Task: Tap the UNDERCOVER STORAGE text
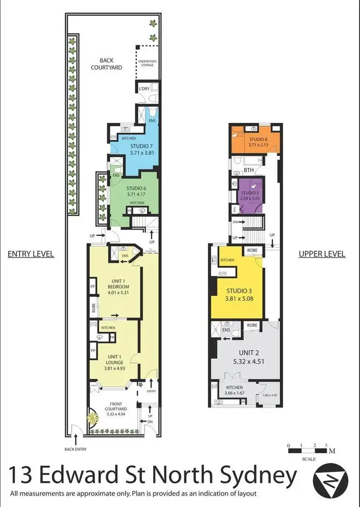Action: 146,63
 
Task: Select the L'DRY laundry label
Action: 144,89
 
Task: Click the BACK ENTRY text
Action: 75,449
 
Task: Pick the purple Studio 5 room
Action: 250,196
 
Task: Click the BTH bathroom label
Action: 249,170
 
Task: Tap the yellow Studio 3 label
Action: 239,294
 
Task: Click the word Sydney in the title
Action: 258,477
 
